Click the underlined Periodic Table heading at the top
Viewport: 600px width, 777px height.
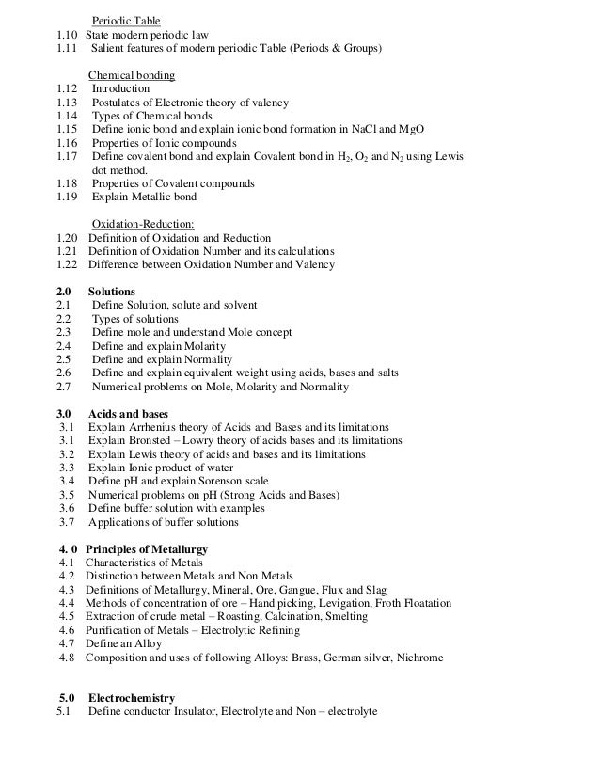point(125,21)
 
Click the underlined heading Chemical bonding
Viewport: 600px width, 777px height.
point(131,75)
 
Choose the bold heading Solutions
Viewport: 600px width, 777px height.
point(111,292)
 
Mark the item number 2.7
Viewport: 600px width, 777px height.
point(64,387)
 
